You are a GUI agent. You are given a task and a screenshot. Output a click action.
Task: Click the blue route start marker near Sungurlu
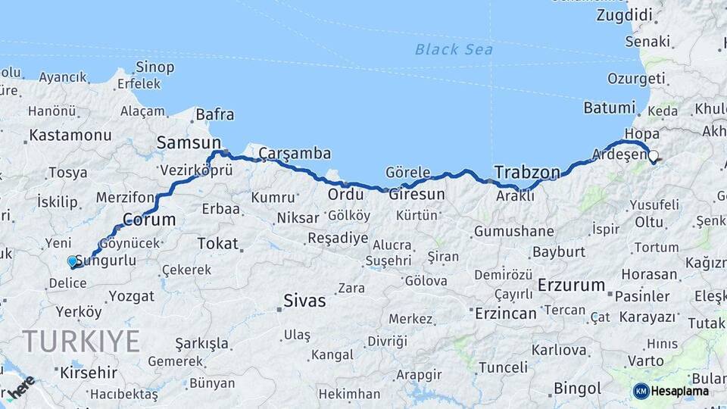pos(72,261)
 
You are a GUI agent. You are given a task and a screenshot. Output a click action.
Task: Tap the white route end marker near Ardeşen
pos(653,155)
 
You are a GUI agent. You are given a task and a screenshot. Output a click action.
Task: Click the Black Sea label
pos(454,50)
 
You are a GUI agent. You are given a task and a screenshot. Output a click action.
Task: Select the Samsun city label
pos(189,142)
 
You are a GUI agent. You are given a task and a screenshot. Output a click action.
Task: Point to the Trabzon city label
pos(527,173)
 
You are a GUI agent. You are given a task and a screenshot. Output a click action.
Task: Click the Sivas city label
pos(304,301)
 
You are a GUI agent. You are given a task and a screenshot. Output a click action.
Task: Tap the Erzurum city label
pos(572,286)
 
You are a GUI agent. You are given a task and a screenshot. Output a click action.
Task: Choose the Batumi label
pos(609,108)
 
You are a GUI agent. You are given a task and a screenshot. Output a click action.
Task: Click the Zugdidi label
pos(624,15)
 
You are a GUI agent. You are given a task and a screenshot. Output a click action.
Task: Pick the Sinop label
pos(155,67)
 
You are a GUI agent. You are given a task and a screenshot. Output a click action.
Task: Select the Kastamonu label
pos(70,136)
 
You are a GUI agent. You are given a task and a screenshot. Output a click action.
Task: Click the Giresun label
pos(417,195)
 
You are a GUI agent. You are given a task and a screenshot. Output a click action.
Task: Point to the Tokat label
pos(217,244)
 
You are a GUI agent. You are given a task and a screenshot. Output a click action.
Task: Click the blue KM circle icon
pos(641,391)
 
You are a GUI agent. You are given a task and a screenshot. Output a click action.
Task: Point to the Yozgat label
pos(131,295)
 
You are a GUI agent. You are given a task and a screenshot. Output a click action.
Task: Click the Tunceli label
pos(503,367)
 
